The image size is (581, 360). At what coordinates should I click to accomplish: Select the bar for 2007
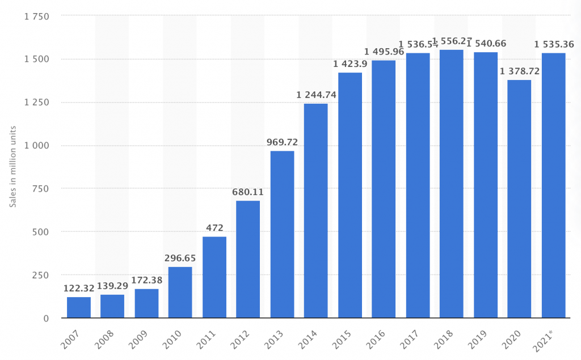tap(78, 307)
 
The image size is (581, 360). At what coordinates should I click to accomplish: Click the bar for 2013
tap(282, 234)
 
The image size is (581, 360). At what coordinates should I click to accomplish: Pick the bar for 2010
tap(180, 292)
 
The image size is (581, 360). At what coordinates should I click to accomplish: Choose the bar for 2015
tap(350, 195)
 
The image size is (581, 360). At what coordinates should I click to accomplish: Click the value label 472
tap(214, 227)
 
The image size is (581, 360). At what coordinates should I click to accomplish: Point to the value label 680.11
tap(248, 192)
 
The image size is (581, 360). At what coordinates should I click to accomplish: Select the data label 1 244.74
tap(316, 95)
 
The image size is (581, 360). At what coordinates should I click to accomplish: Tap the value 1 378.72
tap(519, 71)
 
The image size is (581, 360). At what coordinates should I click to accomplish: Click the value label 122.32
tap(78, 288)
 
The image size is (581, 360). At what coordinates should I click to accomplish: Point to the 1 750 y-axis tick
tap(36, 16)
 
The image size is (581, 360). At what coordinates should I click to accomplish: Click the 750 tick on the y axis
tap(41, 189)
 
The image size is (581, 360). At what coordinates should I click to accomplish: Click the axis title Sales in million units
tap(12, 167)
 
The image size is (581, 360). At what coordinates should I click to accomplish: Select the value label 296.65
tap(180, 258)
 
